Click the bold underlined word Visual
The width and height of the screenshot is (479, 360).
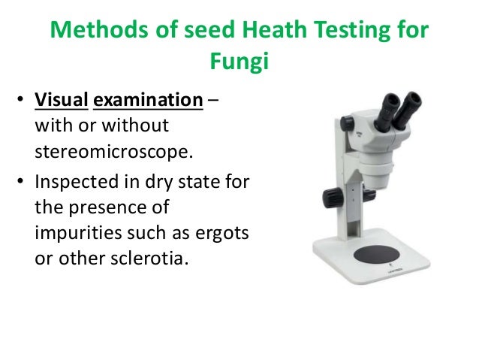(x=61, y=100)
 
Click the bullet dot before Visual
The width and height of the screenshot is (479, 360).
(x=23, y=101)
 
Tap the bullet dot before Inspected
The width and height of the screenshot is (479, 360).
(x=23, y=183)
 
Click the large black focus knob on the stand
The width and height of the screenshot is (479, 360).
(x=331, y=198)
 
